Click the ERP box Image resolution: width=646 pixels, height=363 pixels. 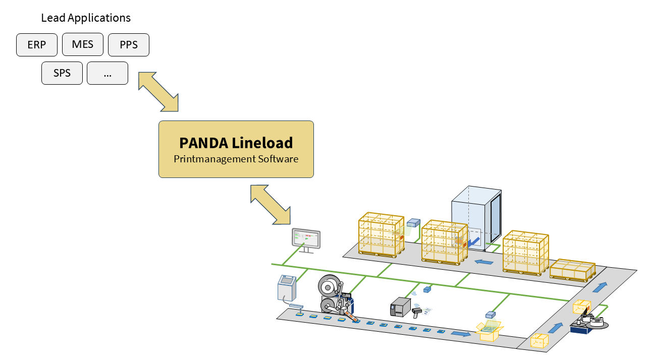click(37, 45)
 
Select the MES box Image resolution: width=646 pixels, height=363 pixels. click(83, 44)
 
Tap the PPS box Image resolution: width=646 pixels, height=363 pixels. click(129, 45)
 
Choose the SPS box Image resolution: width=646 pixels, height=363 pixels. click(62, 73)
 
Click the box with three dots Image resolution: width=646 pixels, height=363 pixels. click(107, 73)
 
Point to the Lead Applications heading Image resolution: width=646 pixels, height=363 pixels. click(86, 18)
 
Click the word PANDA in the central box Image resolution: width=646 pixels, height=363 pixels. click(204, 143)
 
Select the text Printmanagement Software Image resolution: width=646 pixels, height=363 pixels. click(236, 159)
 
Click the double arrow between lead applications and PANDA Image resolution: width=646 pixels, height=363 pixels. click(158, 91)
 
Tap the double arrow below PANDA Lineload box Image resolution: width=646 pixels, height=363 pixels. click(271, 204)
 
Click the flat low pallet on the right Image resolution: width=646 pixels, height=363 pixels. click(572, 270)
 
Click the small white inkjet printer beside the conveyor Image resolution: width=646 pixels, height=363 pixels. click(287, 289)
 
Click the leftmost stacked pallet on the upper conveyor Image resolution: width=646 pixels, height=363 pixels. click(382, 235)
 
